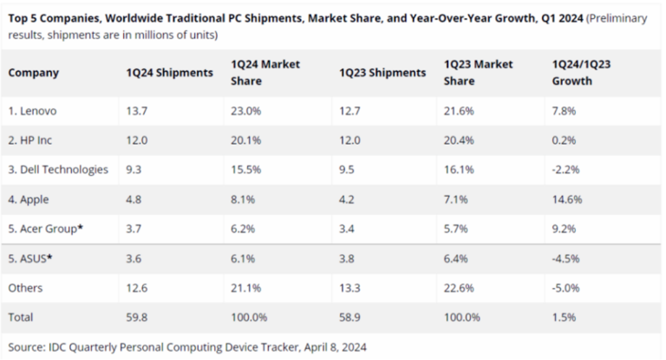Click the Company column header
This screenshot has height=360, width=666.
(33, 73)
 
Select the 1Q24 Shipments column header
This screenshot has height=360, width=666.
(170, 73)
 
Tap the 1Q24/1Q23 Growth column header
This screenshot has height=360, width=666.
(581, 72)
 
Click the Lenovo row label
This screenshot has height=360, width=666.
(33, 111)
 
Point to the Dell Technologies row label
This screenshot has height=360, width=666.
(58, 170)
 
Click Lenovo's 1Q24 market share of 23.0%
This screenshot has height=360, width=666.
(246, 111)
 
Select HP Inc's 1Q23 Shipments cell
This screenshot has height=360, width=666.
(349, 140)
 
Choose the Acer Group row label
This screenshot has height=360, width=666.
(46, 229)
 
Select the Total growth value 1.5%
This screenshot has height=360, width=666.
(564, 317)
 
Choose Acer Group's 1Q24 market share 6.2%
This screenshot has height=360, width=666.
(243, 229)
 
